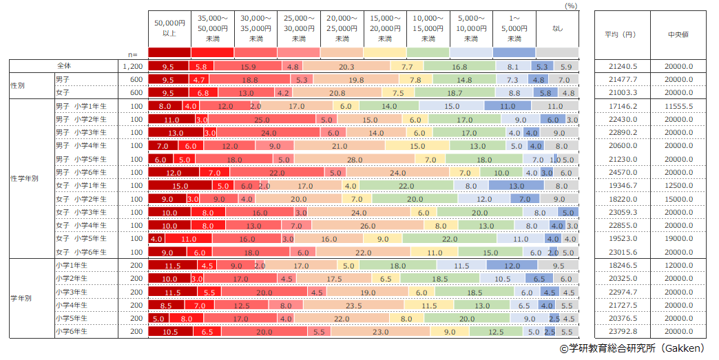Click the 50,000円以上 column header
tap(169, 28)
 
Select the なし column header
tap(557, 28)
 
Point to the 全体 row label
tap(65, 66)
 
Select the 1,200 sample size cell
tap(132, 67)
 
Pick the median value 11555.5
tap(679, 106)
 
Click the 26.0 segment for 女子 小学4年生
tap(368, 225)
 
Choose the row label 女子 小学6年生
tap(81, 251)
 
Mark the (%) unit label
tap(570, 6)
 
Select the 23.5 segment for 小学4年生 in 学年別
tap(353, 304)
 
